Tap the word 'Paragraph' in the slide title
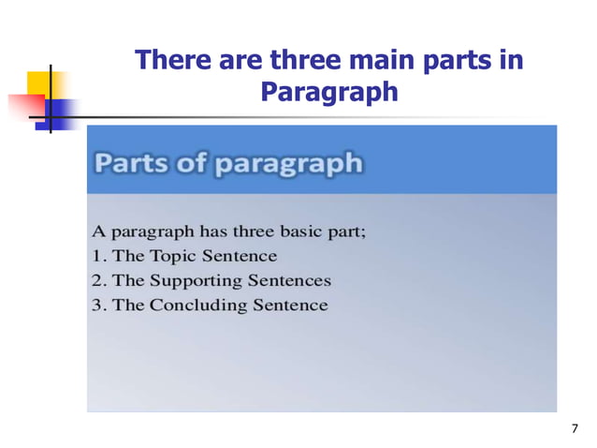329,93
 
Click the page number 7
575,428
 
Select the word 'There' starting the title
169,61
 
